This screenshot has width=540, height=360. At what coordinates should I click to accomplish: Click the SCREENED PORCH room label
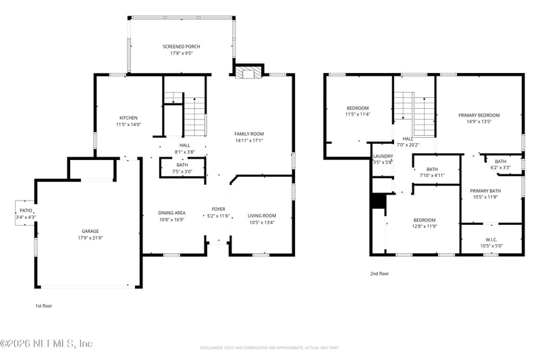click(x=181, y=47)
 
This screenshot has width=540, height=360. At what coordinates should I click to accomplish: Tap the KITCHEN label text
click(x=128, y=118)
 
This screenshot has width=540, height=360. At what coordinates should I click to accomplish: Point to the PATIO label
click(x=26, y=211)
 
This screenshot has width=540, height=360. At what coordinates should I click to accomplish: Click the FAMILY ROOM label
click(x=248, y=134)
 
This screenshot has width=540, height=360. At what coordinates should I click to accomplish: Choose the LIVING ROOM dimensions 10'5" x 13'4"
click(x=261, y=223)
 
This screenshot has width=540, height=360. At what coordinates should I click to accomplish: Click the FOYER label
click(x=218, y=209)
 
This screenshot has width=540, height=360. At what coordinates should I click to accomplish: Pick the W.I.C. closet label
click(x=491, y=240)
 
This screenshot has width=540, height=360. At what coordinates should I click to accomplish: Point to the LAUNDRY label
click(x=383, y=156)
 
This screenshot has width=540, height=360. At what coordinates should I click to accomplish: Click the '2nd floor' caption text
click(x=379, y=274)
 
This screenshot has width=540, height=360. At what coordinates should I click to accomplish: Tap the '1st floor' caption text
click(x=43, y=306)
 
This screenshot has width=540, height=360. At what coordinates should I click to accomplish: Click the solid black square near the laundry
click(x=378, y=202)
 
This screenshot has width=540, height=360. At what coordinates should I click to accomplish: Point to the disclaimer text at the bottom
click(x=269, y=348)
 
